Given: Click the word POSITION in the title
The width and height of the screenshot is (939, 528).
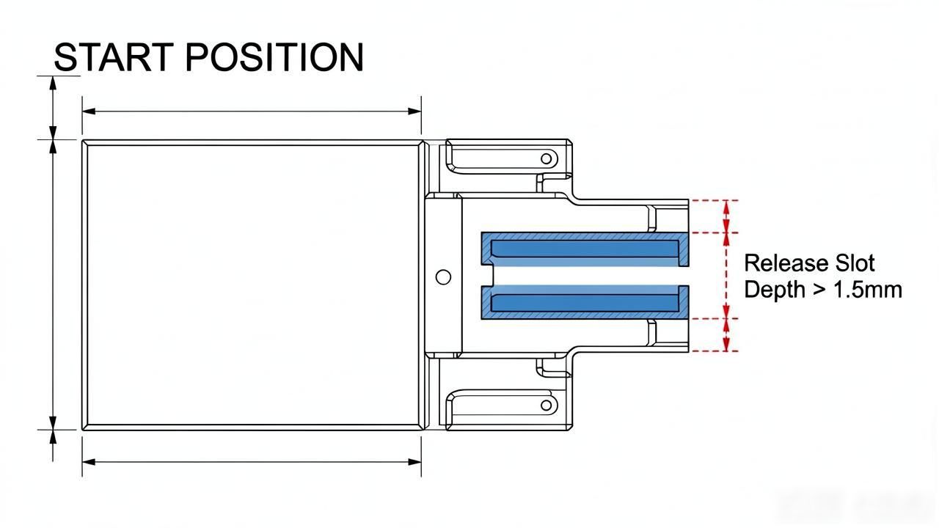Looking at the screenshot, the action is pos(274,57).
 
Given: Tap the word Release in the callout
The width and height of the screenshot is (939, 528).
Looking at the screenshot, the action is pos(786,263).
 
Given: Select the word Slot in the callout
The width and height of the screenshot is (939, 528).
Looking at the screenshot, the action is pos(855,263).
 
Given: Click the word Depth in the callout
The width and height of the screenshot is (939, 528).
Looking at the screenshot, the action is pos(775,290).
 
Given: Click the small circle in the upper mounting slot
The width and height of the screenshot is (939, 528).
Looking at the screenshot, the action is pos(547,159).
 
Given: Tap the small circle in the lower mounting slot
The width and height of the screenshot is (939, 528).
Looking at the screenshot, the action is pos(547,406).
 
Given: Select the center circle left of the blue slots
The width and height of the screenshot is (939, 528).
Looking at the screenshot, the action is pos(443,277).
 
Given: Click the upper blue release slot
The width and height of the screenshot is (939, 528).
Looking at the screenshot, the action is pos(585,249).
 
